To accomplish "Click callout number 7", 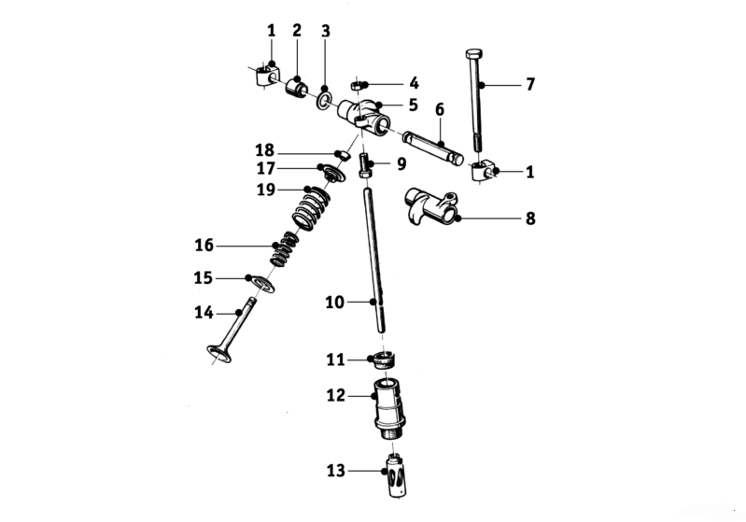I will click(x=529, y=84).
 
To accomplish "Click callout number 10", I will click(x=335, y=302).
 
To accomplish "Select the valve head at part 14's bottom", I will click(x=220, y=354).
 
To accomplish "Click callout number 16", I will click(x=204, y=245).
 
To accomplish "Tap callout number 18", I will click(x=265, y=149).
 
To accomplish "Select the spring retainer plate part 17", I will click(x=330, y=174).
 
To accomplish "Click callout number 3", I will click(x=325, y=31).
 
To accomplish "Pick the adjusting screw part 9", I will click(x=367, y=167).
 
